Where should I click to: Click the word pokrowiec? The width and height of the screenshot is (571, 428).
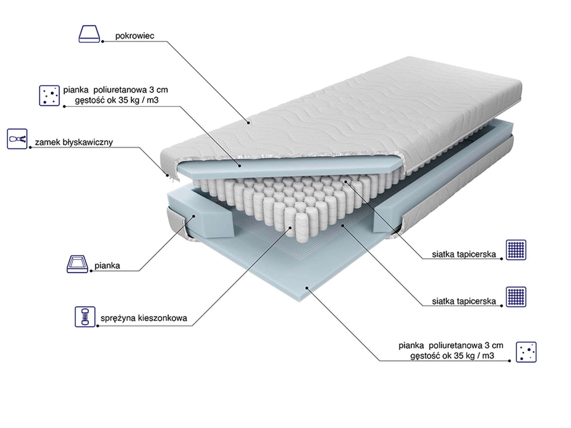click(134, 36)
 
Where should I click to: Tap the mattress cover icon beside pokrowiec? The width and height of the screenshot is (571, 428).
click(89, 34)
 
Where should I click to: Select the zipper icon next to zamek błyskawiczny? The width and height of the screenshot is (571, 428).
click(17, 139)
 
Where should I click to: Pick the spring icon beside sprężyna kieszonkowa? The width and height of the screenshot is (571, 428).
click(85, 317)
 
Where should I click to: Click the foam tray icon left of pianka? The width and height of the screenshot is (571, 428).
click(77, 264)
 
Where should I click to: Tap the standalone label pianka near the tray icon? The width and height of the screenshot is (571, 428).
click(107, 266)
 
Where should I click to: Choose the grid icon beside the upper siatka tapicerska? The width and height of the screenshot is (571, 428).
click(516, 250)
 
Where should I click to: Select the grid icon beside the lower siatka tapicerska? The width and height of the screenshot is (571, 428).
click(516, 297)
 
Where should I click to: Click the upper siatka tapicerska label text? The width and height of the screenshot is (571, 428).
click(464, 254)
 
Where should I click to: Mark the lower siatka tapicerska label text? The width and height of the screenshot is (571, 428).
click(464, 301)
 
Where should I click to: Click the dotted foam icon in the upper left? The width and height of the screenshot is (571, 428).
click(49, 96)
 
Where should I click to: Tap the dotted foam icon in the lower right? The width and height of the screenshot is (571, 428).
click(526, 352)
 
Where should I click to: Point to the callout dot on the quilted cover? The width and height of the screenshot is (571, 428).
click(249, 123)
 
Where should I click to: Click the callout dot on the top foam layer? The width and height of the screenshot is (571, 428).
click(240, 165)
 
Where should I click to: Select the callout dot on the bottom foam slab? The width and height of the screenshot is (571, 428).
click(307, 288)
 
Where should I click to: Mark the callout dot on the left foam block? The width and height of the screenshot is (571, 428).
click(194, 216)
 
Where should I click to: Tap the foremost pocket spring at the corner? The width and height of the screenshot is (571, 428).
click(302, 228)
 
